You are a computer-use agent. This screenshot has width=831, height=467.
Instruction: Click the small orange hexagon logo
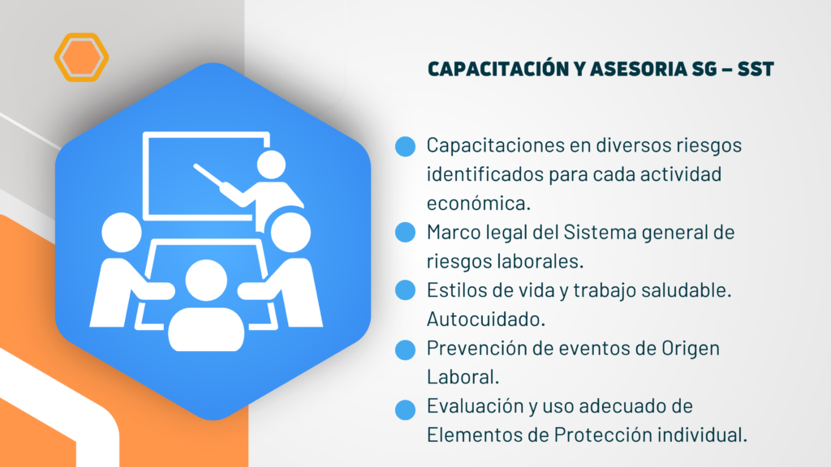click(82, 58)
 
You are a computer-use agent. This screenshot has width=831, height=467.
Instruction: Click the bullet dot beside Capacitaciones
click(406, 146)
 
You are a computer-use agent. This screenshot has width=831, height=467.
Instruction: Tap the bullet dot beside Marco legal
click(406, 233)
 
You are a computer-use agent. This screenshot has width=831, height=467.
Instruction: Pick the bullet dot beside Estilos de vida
click(406, 290)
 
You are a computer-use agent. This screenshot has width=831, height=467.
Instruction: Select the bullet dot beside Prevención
click(406, 350)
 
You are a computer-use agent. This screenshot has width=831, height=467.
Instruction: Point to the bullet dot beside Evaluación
click(406, 409)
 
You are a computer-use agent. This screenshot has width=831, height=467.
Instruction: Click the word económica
click(479, 204)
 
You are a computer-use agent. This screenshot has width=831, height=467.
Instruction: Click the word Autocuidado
click(486, 319)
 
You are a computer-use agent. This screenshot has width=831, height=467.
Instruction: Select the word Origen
click(691, 349)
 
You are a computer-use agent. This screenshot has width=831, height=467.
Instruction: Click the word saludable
click(687, 290)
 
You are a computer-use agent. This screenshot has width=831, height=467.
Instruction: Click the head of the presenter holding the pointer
click(271, 165)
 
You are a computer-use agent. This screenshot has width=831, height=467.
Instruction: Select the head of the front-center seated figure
click(206, 281)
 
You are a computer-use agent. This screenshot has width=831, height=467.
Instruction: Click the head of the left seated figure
click(122, 233)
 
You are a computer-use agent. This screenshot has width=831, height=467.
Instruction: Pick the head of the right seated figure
click(291, 233)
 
